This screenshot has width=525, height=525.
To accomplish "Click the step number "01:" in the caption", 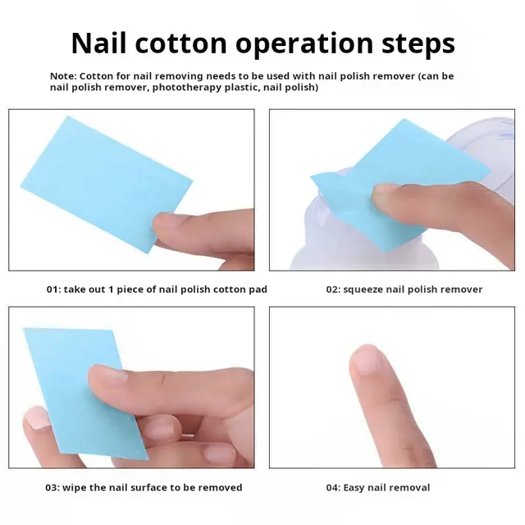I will pos(54,290).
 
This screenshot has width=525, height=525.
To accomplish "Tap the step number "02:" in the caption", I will pos(333,290).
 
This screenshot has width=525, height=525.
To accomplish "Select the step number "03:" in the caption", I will pos(53,487).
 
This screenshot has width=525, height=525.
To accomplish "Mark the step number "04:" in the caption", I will pos(333,487).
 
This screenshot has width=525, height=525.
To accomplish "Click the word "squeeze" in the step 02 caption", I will pos(364,290).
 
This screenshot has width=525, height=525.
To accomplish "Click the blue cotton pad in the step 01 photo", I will pos(98,180).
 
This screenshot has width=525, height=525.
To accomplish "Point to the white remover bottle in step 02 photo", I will pos(328,238).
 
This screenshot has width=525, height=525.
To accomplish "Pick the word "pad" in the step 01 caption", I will pos(258,290).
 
